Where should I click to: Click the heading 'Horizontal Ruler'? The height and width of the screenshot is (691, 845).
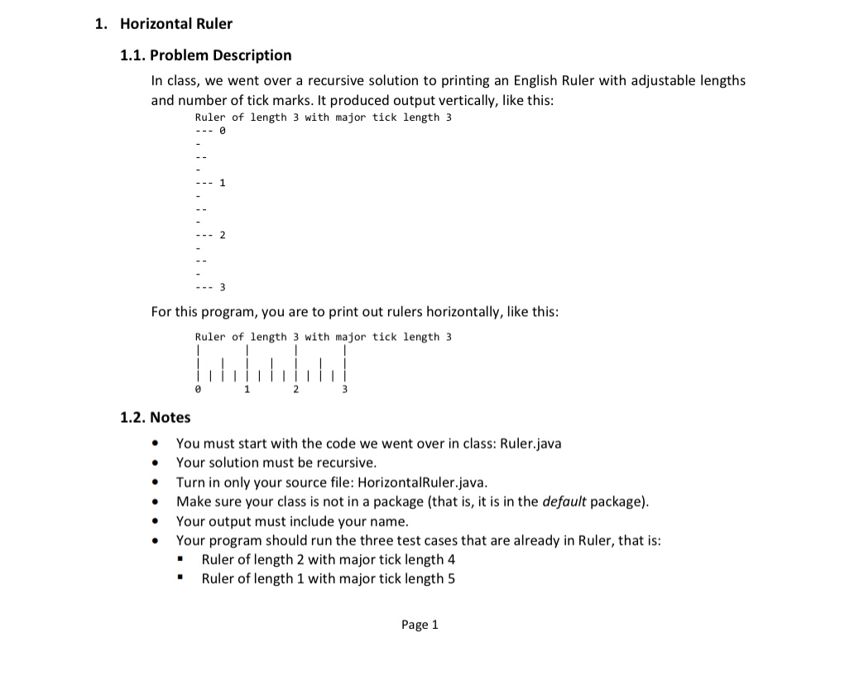coord(176,24)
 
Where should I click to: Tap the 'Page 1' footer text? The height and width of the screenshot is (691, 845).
coord(420,625)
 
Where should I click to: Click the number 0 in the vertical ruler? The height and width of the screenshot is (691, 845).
coord(223,131)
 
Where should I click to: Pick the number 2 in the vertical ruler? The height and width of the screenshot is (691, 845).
coord(223,235)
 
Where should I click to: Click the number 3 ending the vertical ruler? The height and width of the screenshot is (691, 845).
coord(223,287)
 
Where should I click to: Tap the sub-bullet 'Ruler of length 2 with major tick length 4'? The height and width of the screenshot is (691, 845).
coord(329,559)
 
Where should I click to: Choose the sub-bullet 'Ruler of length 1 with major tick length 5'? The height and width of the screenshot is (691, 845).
coord(329,578)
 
